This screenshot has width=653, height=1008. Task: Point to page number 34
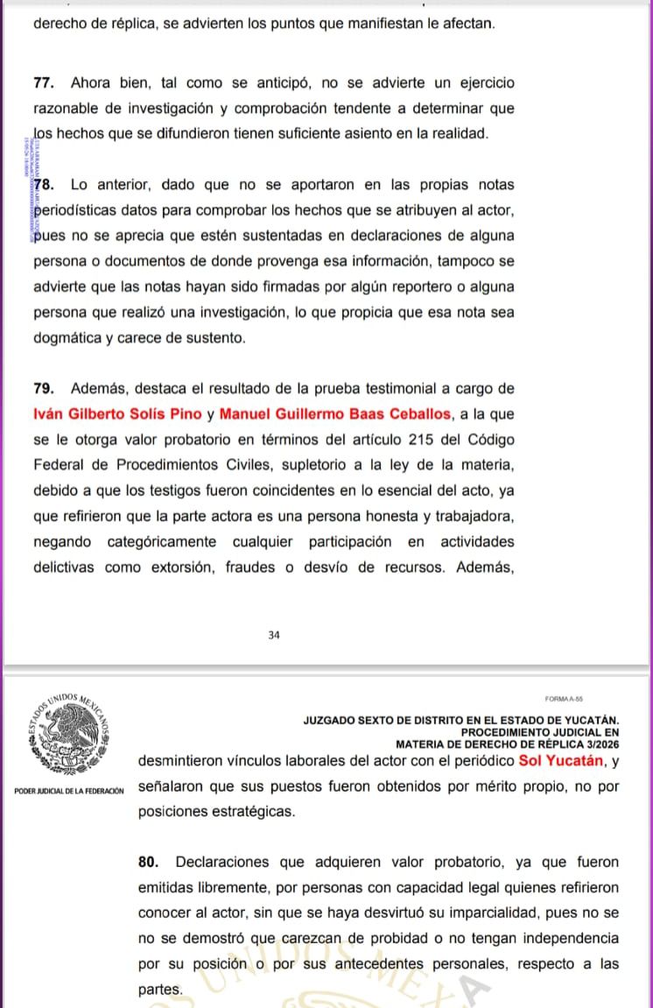(x=274, y=636)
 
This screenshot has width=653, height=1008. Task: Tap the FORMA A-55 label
(x=564, y=699)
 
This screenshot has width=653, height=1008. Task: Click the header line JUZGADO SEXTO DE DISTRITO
(x=460, y=720)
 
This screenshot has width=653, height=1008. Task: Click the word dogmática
(x=68, y=338)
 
